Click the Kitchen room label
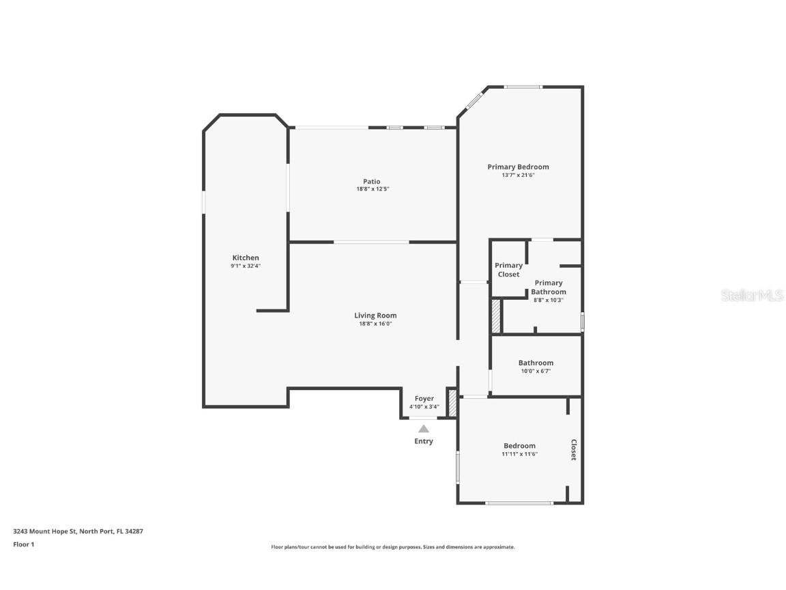[246, 257]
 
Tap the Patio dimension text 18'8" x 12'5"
[373, 189]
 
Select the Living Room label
[375, 315]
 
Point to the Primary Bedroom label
[518, 167]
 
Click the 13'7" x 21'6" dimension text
[518, 175]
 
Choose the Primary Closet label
[508, 270]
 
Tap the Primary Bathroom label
[549, 287]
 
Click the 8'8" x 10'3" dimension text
[549, 300]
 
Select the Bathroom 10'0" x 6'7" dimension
[536, 371]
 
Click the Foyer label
[424, 399]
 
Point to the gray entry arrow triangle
[424, 429]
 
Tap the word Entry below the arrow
[424, 441]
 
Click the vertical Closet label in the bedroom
[574, 450]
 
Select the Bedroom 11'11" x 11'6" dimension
[520, 454]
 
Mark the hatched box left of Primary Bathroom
[496, 316]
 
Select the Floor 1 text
[23, 544]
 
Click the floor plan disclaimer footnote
[393, 547]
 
